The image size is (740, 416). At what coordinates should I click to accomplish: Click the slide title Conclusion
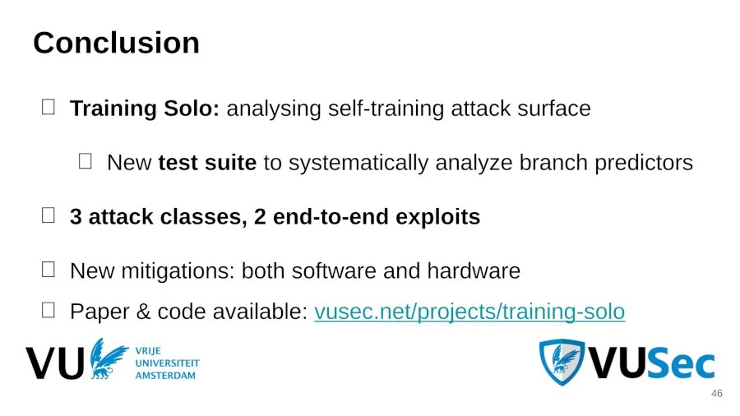(116, 43)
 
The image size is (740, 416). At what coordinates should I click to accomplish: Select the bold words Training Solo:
(145, 109)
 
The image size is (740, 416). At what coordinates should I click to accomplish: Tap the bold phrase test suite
(207, 163)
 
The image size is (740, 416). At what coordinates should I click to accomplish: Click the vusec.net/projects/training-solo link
(469, 312)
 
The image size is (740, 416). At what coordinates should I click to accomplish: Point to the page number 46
(716, 394)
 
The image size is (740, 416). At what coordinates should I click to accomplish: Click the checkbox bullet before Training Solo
(49, 107)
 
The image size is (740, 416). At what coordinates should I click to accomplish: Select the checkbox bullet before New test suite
(86, 161)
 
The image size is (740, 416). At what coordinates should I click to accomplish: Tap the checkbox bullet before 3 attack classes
(49, 215)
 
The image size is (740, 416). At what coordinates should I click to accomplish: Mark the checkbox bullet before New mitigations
(49, 269)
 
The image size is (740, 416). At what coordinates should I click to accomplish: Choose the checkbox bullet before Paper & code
(49, 310)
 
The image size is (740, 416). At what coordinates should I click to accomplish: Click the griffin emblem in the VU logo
(109, 358)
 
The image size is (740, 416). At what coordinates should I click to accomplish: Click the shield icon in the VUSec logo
(562, 362)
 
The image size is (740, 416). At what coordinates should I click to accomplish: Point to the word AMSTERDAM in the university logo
(165, 376)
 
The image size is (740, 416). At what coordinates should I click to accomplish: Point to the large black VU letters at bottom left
(54, 363)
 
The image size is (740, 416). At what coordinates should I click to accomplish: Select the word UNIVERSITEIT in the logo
(167, 363)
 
